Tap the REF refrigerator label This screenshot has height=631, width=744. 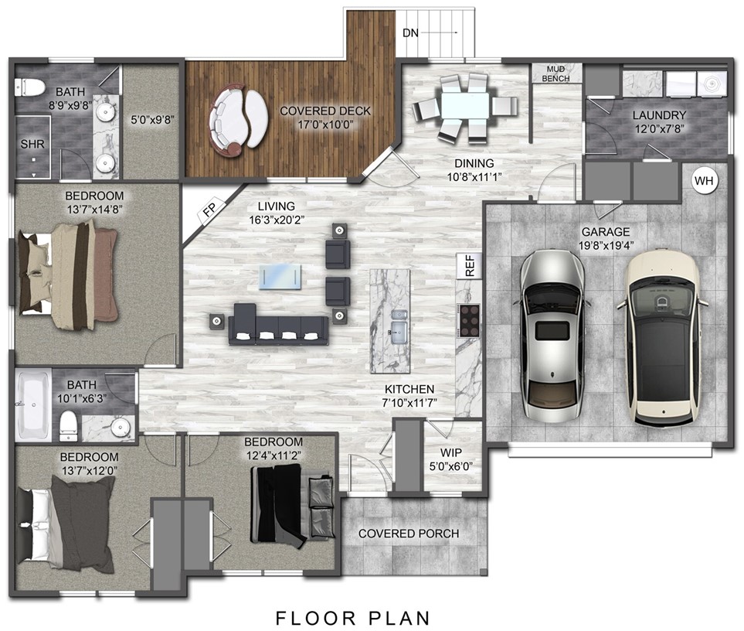click(x=469, y=266)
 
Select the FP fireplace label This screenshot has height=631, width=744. click(x=209, y=210)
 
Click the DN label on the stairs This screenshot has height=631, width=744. click(x=410, y=33)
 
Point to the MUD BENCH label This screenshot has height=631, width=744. click(x=555, y=73)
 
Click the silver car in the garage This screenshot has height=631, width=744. click(x=552, y=333)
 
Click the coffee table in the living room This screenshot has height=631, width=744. click(x=280, y=276)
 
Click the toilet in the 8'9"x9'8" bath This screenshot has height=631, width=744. click(x=32, y=87)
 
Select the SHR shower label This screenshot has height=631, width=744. click(x=32, y=145)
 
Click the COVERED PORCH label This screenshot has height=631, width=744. click(x=408, y=534)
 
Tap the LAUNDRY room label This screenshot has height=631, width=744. click(x=658, y=115)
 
